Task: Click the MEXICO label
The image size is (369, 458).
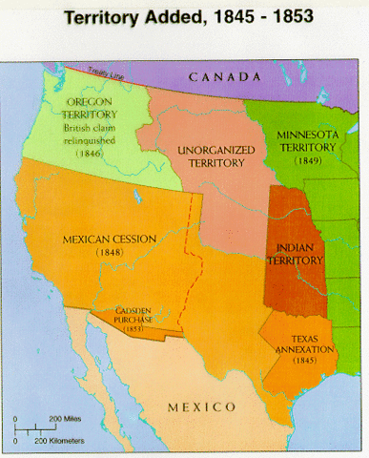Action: [x=201, y=406]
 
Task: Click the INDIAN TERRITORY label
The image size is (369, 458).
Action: [x=295, y=254]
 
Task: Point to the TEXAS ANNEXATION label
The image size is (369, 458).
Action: [x=298, y=343]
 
